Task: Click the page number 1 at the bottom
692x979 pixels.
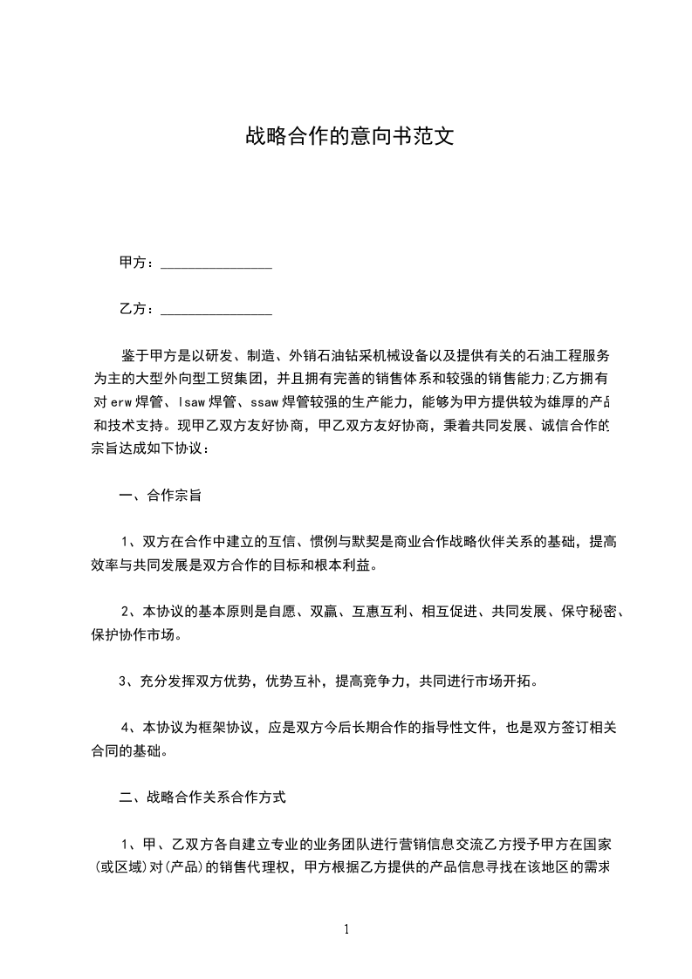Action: pos(346,929)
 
